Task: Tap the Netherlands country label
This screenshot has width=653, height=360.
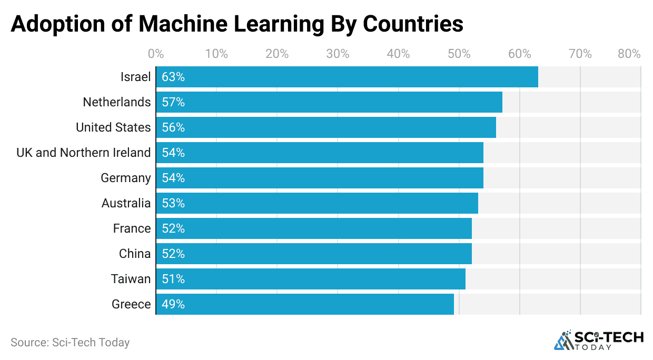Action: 117,102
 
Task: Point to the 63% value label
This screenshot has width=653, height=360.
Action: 173,77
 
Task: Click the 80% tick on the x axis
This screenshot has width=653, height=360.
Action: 629,54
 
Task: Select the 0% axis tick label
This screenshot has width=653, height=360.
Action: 156,54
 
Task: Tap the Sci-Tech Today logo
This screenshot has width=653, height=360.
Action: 599,340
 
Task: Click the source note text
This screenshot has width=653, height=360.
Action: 70,342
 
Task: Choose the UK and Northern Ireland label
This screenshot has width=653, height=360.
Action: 84,153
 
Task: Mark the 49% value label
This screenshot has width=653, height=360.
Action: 173,304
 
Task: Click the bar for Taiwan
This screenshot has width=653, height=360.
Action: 311,279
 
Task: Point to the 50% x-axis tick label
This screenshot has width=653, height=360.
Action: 459,54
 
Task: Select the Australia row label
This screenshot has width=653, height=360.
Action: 126,203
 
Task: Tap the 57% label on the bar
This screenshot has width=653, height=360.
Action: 173,102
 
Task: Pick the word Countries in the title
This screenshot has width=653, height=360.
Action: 413,24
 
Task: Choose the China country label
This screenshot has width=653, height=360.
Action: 135,254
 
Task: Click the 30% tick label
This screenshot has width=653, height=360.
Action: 338,54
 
